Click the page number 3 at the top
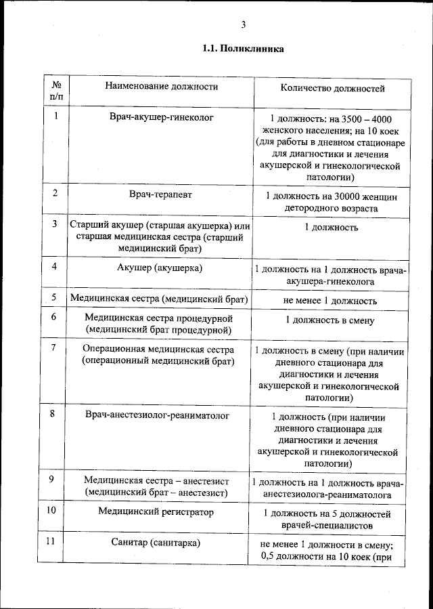click(x=242, y=25)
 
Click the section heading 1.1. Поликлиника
click(x=243, y=49)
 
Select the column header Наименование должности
click(x=162, y=87)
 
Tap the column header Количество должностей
click(x=332, y=87)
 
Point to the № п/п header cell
click(x=56, y=91)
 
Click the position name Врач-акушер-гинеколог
click(x=162, y=117)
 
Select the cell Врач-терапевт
click(x=161, y=194)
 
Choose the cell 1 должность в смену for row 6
click(x=329, y=320)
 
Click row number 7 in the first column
click(x=54, y=348)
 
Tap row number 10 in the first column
click(x=51, y=511)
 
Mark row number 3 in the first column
click(x=54, y=224)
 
